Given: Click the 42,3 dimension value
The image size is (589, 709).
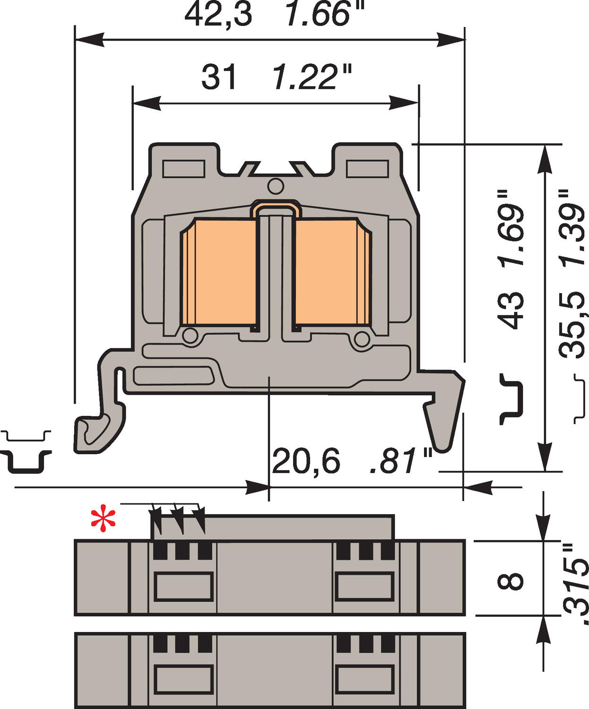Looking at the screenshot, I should (218, 14).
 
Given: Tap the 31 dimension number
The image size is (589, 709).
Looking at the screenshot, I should (218, 78).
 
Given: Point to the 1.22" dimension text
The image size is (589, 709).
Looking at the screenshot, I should (312, 78).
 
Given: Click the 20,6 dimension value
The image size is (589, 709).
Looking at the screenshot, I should (306, 461).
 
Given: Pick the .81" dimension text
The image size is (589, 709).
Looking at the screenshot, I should (401, 461).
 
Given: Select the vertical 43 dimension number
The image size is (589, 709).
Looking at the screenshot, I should (511, 310).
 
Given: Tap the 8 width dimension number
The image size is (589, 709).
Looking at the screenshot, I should (511, 581).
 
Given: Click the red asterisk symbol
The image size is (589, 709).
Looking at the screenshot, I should (103, 519).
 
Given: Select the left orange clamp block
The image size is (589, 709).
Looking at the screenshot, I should (218, 273).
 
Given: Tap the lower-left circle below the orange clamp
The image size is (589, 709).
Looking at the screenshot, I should (190, 336).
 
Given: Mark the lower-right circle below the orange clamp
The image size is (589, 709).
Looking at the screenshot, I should (362, 338).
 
